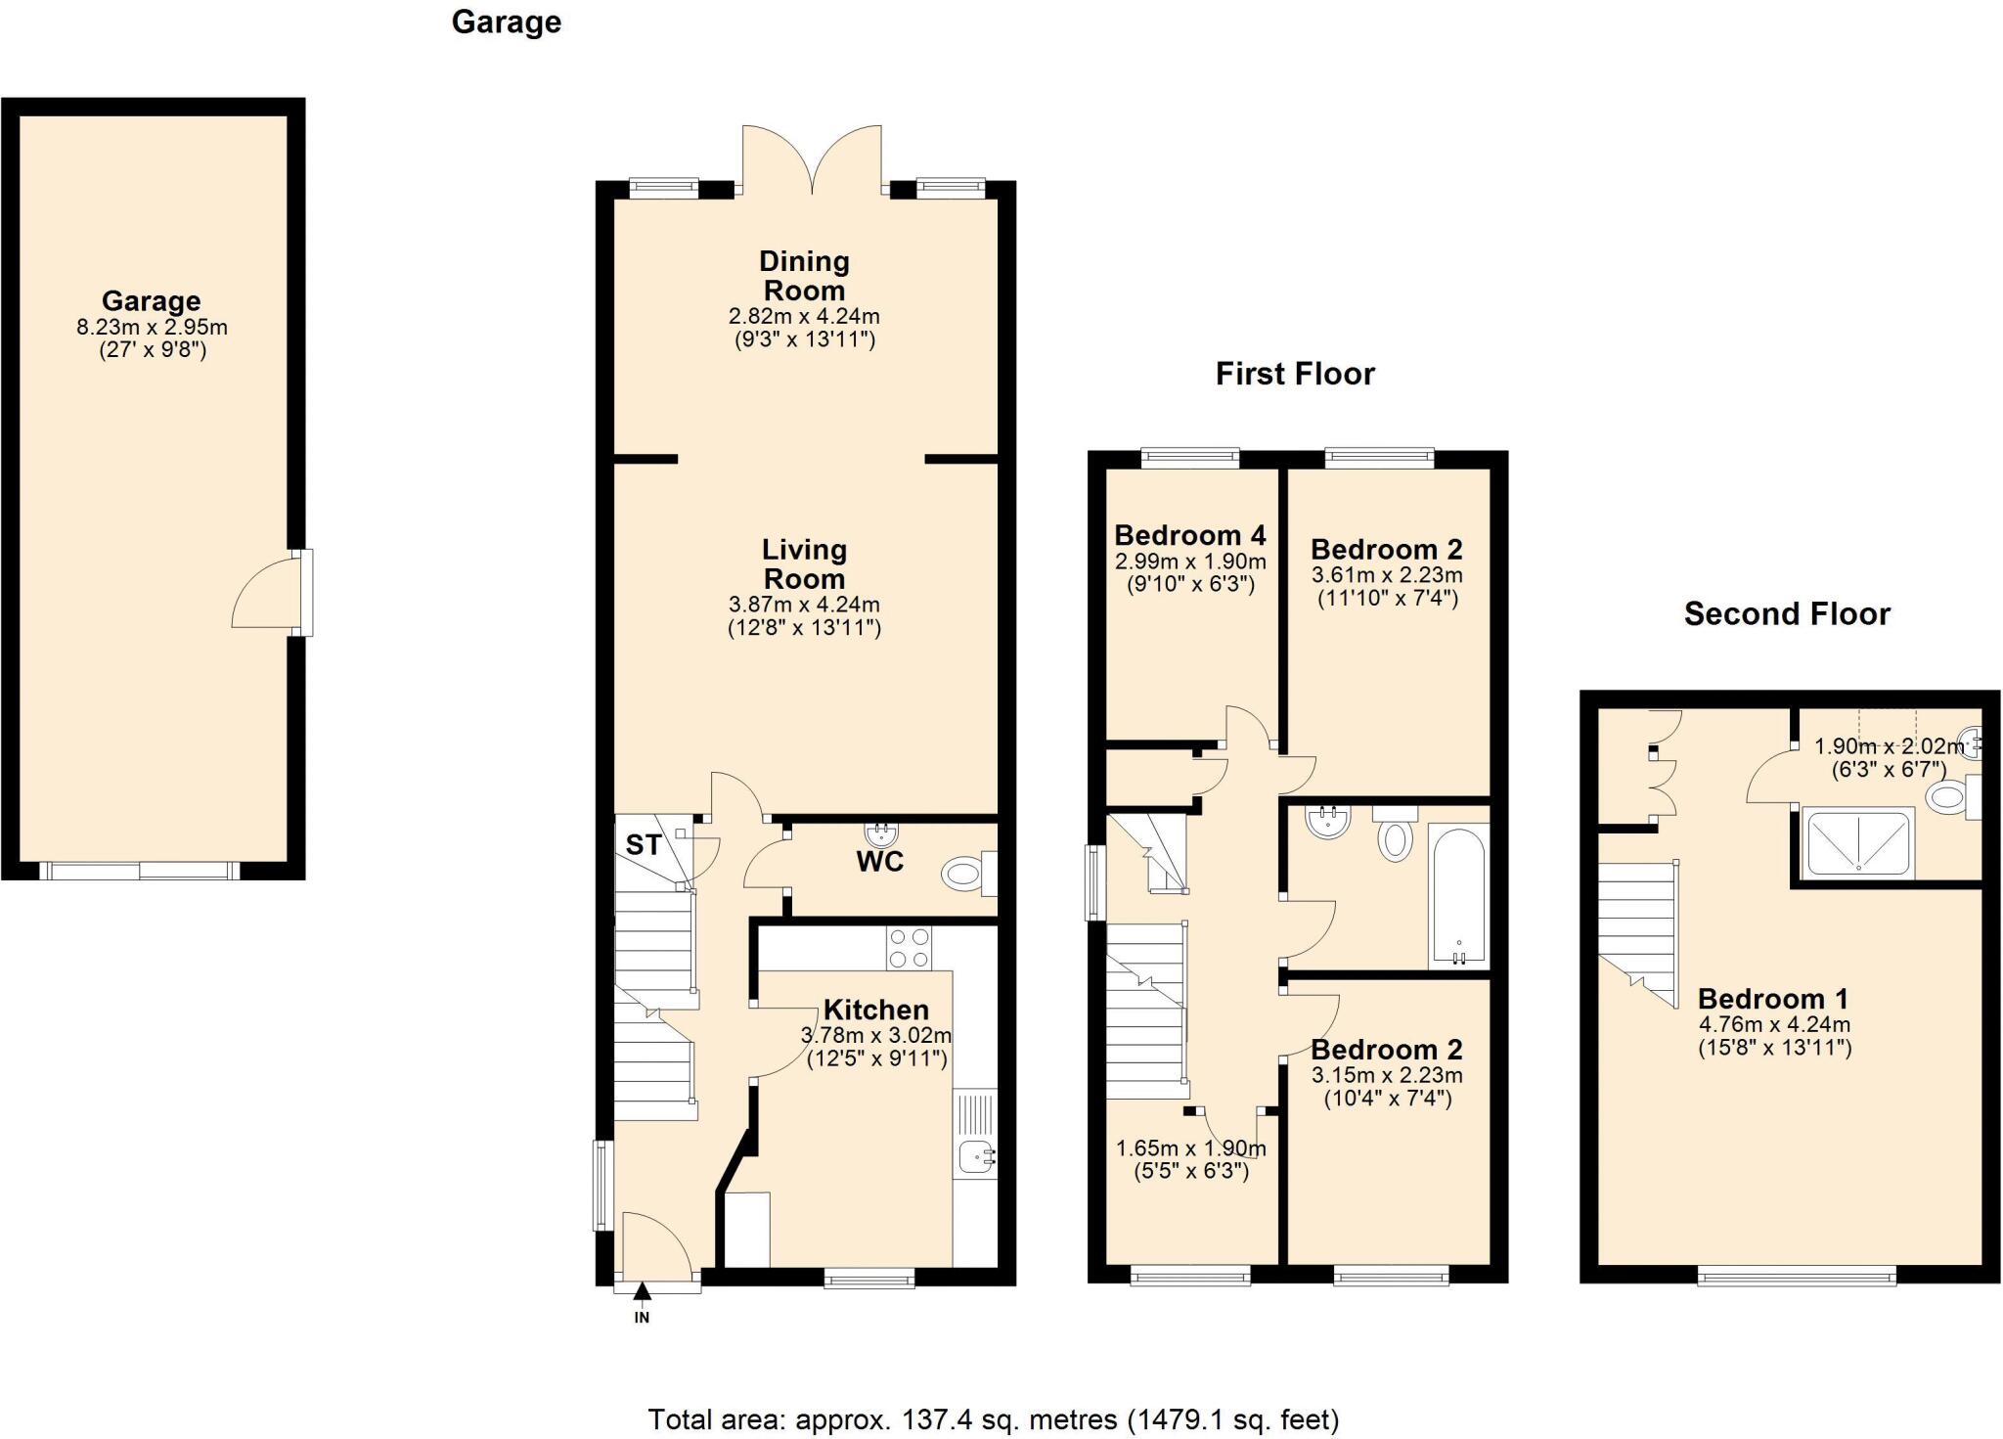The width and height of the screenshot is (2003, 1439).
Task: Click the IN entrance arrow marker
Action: (x=642, y=1294)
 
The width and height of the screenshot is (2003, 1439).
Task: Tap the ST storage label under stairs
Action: (x=644, y=844)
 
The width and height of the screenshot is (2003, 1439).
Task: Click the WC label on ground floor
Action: (x=879, y=862)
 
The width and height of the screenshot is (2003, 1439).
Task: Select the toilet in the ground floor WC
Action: (x=966, y=874)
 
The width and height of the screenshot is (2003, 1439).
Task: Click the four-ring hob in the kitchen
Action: (x=909, y=948)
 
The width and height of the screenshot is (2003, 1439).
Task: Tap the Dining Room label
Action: (x=804, y=276)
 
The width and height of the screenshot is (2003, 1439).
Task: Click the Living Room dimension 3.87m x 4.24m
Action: (x=804, y=605)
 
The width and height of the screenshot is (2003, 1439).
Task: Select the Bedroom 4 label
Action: (x=1189, y=535)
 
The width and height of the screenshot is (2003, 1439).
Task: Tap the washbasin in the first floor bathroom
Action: (x=1328, y=822)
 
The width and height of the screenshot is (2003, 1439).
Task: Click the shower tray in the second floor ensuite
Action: (x=1856, y=841)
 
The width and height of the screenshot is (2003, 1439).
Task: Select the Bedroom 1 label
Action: (x=1772, y=999)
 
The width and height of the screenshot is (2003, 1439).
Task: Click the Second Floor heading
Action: (x=1786, y=614)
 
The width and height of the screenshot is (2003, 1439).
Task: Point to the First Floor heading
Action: (x=1294, y=374)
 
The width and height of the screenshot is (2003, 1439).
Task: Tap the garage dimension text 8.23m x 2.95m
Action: (x=152, y=327)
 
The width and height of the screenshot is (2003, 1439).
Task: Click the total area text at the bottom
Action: (x=993, y=1418)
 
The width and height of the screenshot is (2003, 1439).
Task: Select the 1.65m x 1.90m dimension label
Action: (x=1190, y=1148)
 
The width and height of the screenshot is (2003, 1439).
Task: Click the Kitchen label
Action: (x=875, y=1010)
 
